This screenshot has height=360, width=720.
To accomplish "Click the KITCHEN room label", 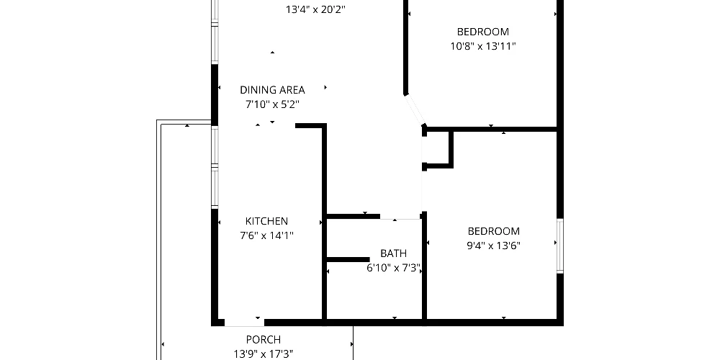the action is point(267,221).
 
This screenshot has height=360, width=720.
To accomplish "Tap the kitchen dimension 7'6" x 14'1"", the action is point(267,236).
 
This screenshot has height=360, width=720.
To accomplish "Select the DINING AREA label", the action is point(272,90).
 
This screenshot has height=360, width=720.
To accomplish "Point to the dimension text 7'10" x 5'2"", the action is point(272,104).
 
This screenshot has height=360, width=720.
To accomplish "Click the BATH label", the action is point(394,253).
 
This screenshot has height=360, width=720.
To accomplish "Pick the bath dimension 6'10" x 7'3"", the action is point(394,268).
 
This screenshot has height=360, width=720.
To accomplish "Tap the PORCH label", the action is point(264,340).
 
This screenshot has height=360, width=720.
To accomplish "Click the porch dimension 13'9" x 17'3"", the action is point(264,354).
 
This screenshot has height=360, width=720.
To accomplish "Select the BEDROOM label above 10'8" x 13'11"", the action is point(483,32).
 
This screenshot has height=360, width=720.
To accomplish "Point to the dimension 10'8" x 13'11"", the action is point(483,46).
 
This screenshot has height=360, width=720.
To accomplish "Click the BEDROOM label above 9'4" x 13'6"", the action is point(494,231).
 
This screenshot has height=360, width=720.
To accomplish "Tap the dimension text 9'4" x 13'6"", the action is point(494,246).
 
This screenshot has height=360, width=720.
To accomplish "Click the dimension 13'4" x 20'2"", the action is point(315,9).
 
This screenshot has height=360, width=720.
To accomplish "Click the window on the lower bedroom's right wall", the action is point(559,246).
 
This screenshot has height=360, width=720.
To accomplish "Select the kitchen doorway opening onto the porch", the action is point(245,323).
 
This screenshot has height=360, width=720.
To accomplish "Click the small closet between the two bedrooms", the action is point(437,148).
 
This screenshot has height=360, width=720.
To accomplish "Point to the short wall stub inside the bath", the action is point(348,259).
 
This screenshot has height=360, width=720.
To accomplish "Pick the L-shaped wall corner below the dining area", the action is point(324,125).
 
